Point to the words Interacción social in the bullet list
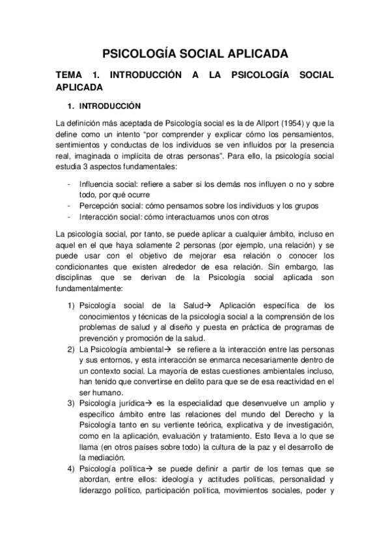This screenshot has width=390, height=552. (x=105, y=217)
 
